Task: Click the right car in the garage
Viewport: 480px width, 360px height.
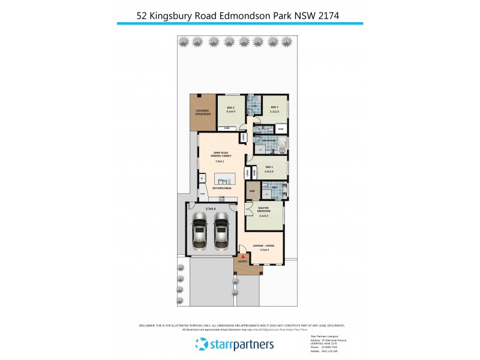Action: (221, 232)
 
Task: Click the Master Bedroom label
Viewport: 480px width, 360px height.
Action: (262, 211)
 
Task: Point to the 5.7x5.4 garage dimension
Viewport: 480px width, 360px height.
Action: (210, 208)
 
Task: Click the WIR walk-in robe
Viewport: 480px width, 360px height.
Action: (252, 191)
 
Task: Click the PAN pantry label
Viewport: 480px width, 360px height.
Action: (203, 194)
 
